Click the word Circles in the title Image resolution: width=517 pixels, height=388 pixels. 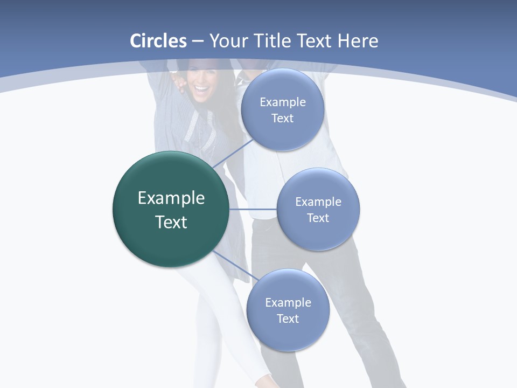click(x=158, y=41)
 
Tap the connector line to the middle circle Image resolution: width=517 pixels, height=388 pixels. click(x=253, y=209)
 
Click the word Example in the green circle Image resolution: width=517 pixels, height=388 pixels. click(x=171, y=198)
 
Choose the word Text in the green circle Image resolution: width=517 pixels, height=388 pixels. click(x=171, y=222)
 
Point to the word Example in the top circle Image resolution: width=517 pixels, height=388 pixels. click(x=283, y=102)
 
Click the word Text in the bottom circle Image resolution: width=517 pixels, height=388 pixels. click(x=288, y=318)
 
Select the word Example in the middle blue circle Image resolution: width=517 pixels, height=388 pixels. click(x=318, y=202)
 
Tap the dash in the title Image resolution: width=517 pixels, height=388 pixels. click(x=198, y=41)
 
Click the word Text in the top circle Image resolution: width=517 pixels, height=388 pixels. click(x=283, y=118)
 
